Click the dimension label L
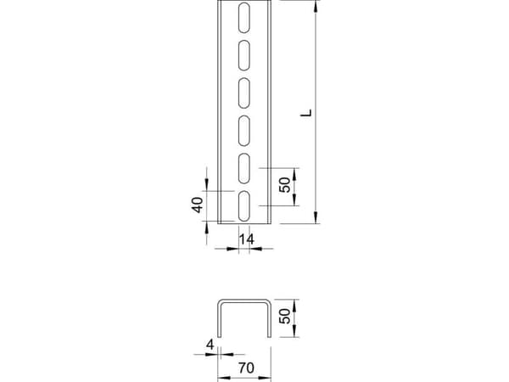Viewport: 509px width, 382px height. pyautogui.click(x=306, y=113)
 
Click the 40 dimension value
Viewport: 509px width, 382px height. pyautogui.click(x=197, y=205)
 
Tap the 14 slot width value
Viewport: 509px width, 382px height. pyautogui.click(x=246, y=239)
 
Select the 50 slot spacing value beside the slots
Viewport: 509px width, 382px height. pyautogui.click(x=285, y=185)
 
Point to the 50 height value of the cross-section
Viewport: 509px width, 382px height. pyautogui.click(x=285, y=316)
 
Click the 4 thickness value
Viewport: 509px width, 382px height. pyautogui.click(x=210, y=345)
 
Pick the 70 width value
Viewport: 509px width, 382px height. pyautogui.click(x=246, y=368)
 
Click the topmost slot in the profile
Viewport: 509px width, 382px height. pyautogui.click(x=244, y=18)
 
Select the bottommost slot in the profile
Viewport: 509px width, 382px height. pyautogui.click(x=244, y=206)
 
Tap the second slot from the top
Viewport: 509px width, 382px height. pyautogui.click(x=244, y=55)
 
